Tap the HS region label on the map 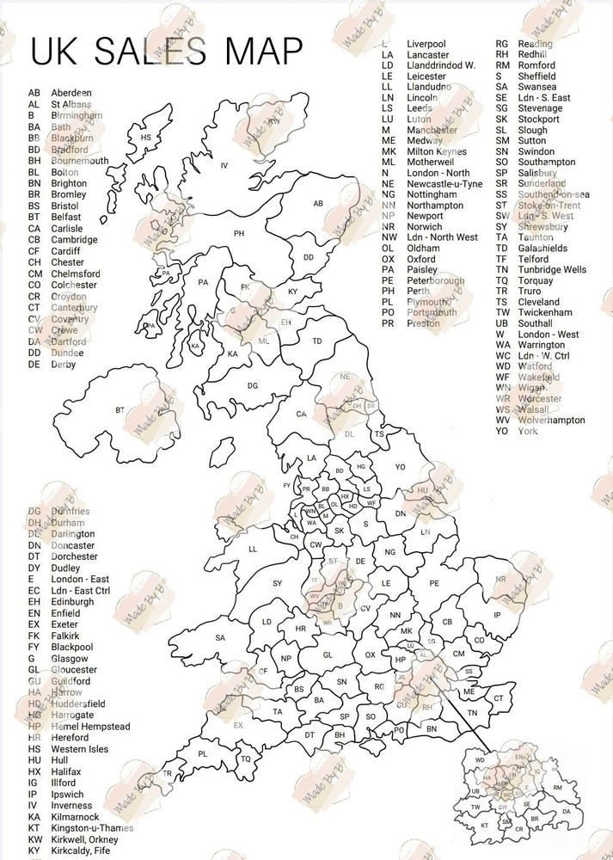tap(145, 138)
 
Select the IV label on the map tap(224, 165)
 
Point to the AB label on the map tap(317, 204)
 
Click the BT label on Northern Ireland tap(120, 410)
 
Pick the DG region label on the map tap(253, 386)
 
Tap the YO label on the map tap(400, 467)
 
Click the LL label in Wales tap(253, 549)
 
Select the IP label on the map tap(497, 615)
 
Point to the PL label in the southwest tap(203, 753)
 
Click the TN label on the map tap(472, 713)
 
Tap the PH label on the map tap(239, 233)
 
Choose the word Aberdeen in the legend tap(71, 93)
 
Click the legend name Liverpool tap(427, 44)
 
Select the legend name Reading tap(536, 44)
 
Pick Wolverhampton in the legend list tap(552, 421)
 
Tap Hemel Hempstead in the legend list tap(90, 727)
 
